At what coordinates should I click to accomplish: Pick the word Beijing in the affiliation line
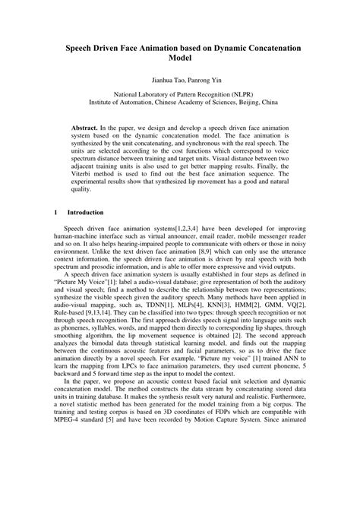point(238,101)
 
